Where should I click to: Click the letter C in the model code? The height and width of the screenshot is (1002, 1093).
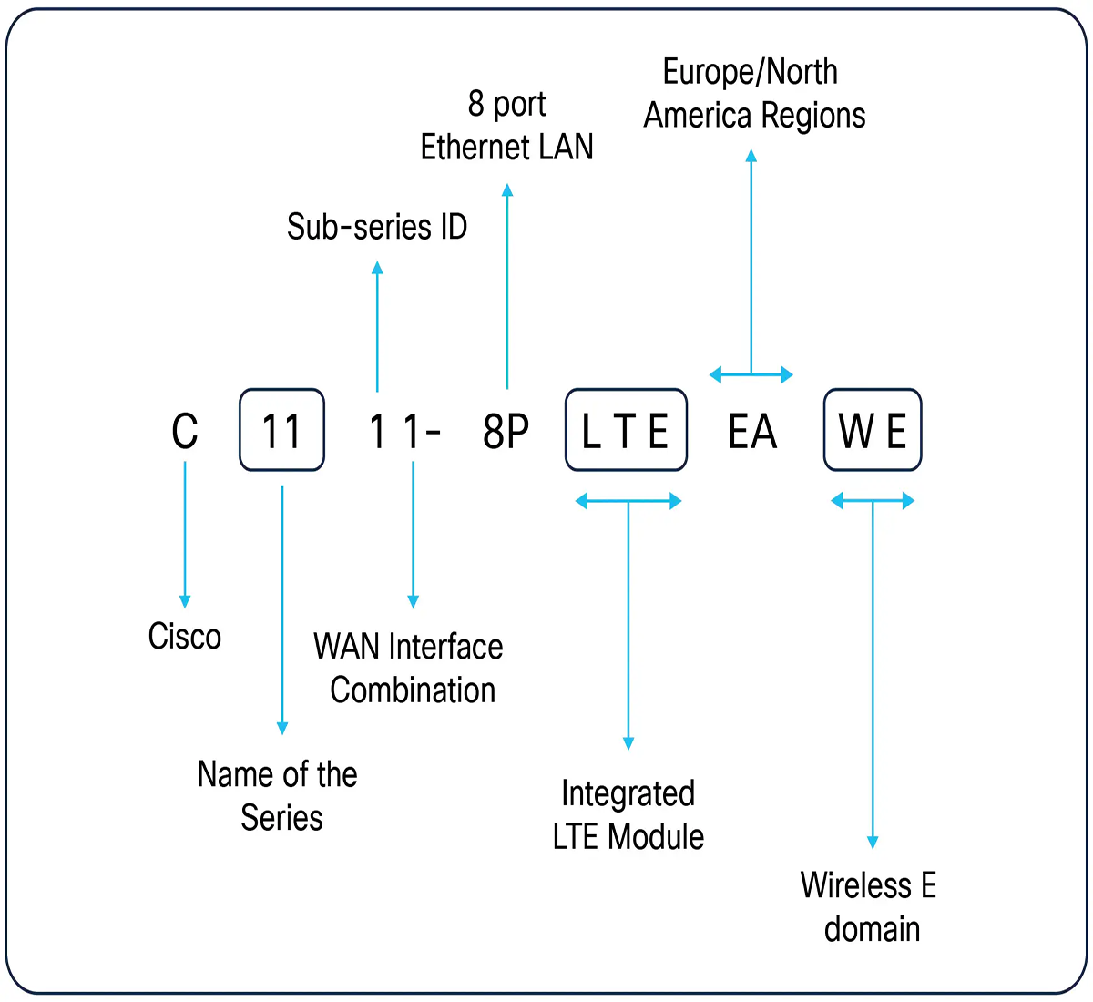(x=185, y=431)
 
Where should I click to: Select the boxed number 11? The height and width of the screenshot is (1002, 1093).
(x=281, y=431)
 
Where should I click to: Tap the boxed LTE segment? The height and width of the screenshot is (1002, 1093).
(x=626, y=431)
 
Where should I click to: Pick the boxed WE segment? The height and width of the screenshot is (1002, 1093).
(x=873, y=431)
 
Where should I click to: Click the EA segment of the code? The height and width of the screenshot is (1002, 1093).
(x=752, y=431)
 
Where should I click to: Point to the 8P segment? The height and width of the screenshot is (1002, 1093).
(x=506, y=431)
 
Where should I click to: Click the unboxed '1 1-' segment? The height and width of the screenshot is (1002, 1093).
(x=403, y=431)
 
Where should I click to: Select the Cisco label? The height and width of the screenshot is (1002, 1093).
(x=185, y=637)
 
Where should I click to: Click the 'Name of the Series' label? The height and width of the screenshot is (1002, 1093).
(x=278, y=796)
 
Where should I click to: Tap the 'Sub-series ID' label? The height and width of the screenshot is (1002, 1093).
(x=377, y=227)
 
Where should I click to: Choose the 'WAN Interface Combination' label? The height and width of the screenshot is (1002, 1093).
(x=409, y=669)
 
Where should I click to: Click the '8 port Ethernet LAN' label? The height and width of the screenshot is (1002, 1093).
(x=506, y=126)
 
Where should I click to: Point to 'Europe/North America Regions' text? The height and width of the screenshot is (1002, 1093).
(x=754, y=94)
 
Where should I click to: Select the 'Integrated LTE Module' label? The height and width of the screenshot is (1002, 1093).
(x=628, y=815)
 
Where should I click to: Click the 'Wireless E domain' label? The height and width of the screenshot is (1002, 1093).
(x=869, y=907)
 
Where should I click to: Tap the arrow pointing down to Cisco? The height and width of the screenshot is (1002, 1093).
(x=185, y=534)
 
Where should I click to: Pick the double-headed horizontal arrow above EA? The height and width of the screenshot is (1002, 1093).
(x=751, y=373)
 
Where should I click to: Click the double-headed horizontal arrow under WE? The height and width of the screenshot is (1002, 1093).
(x=873, y=501)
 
